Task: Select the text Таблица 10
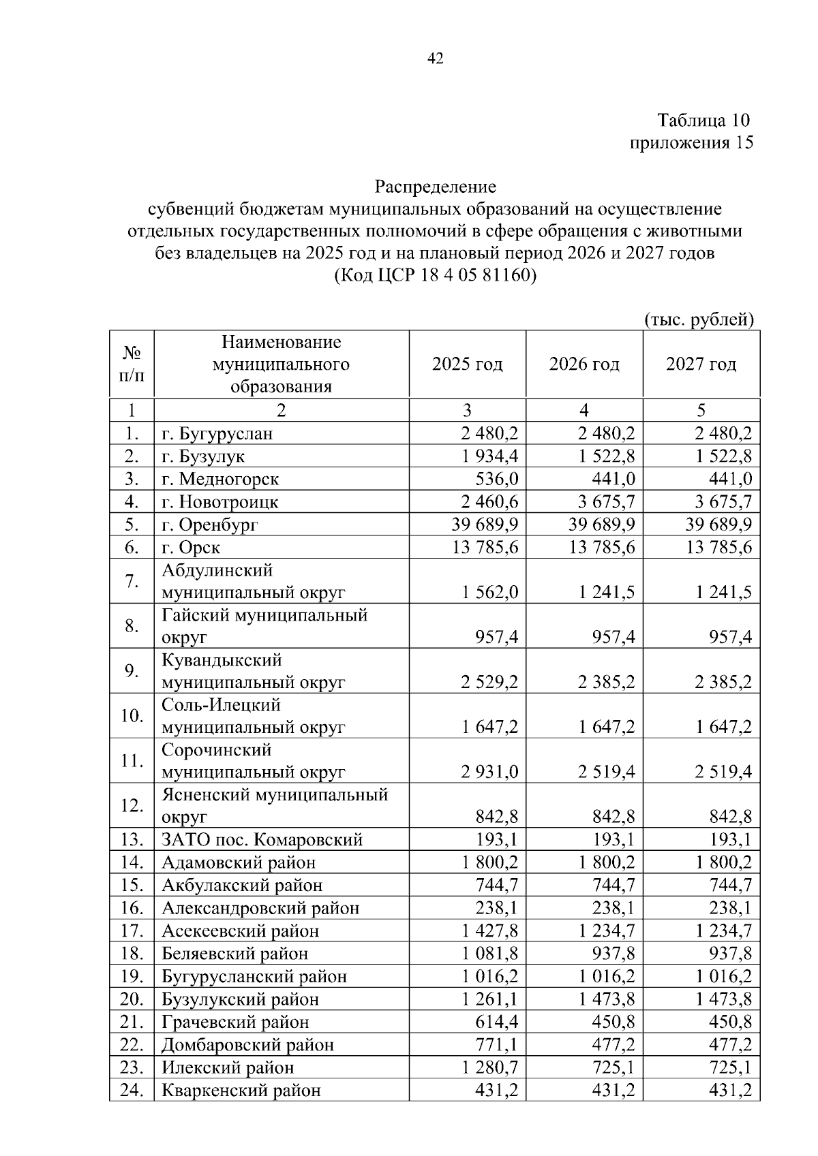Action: click(703, 121)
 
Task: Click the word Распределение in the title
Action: click(435, 186)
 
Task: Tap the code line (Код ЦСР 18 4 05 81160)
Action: click(435, 276)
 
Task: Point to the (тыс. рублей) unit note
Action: click(699, 319)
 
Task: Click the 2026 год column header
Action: click(584, 364)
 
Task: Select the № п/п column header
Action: click(132, 364)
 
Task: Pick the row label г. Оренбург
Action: click(210, 525)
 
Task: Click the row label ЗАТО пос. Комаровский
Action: click(262, 839)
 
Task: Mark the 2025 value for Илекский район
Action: click(489, 1067)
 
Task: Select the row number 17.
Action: click(132, 931)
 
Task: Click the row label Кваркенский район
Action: click(241, 1090)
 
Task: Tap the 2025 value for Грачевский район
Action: click(496, 1022)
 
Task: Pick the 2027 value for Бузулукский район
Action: click(723, 999)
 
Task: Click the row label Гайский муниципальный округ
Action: click(264, 625)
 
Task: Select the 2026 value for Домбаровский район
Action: click(613, 1044)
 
